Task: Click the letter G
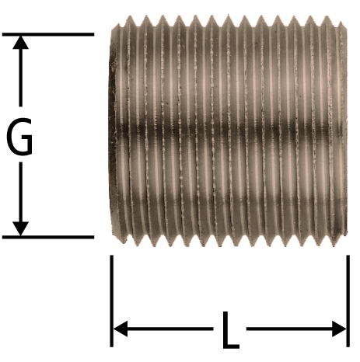pos(19,137)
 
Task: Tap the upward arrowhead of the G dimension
pos(20,42)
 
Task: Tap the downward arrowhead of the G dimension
pos(20,228)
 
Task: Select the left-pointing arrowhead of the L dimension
pos(121,329)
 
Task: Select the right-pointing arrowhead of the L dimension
pos(339,329)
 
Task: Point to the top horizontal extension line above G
pos(48,34)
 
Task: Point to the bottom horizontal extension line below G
pos(48,237)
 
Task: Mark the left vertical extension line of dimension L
pos(111,301)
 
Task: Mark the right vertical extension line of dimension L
pos(348,301)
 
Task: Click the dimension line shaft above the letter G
pos(20,78)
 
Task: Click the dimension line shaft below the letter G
pos(20,192)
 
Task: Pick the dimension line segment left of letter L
pos(170,329)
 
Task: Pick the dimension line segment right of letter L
pos(289,329)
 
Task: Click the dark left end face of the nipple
pos(113,130)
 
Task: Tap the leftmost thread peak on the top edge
pos(131,17)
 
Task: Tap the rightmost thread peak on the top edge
pos(327,17)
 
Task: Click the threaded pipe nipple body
pos(228,131)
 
